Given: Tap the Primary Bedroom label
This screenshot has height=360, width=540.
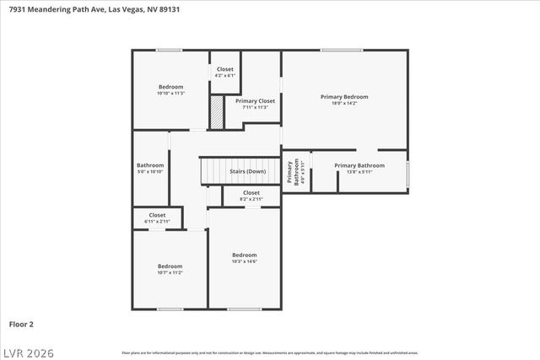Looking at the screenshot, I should coord(344,97).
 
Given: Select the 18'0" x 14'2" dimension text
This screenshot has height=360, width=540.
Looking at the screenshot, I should coord(344,104).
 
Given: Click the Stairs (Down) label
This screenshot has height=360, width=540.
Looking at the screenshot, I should coord(247,171).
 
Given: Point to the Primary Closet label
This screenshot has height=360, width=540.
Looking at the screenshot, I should coord(255,101).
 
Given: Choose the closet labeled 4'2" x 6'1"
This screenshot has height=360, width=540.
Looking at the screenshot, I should coord(225,72).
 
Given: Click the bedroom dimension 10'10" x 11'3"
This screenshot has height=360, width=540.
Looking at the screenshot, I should coord(170,94).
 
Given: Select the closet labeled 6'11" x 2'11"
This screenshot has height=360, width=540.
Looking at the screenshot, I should coord(158,218).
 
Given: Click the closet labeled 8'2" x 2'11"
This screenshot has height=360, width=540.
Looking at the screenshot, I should coord(251,196).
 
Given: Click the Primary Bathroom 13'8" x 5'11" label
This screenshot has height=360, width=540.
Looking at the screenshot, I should coord(359,169).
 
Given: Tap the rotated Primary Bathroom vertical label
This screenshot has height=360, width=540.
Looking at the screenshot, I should coord(293,171).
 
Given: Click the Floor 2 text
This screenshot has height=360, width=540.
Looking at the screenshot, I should coord(22,324).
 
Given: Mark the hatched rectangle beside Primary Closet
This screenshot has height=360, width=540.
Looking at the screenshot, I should coord(217,113).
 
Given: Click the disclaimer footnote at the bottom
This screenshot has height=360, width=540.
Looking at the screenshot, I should coord(270,352).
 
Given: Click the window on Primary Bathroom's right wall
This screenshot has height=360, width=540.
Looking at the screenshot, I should coord(408,172).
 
